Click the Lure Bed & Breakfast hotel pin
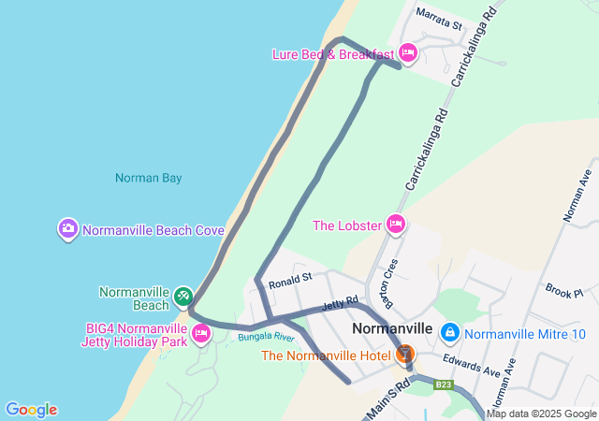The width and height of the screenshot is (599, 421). pyautogui.click(x=407, y=52)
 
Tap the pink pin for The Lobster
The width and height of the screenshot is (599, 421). pyautogui.click(x=396, y=224)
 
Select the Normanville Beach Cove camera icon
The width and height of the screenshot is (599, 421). pyautogui.click(x=67, y=228)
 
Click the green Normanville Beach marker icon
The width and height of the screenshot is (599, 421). pyautogui.click(x=183, y=298)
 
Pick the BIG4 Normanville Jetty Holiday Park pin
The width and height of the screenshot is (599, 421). pyautogui.click(x=200, y=332)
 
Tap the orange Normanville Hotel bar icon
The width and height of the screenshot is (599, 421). pyautogui.click(x=405, y=354)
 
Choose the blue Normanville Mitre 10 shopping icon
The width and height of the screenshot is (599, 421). pyautogui.click(x=450, y=332)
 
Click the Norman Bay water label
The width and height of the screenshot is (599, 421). pyautogui.click(x=148, y=178)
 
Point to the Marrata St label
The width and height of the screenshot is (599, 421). pyautogui.click(x=440, y=20)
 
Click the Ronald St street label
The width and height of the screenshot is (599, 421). pyautogui.click(x=289, y=280)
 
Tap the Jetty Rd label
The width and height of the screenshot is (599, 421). pyautogui.click(x=340, y=304)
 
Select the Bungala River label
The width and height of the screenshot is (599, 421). pyautogui.click(x=259, y=336)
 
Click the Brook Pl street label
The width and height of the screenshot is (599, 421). pyautogui.click(x=564, y=292)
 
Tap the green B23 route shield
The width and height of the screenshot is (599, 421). pyautogui.click(x=444, y=385)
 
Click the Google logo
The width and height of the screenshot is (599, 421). pyautogui.click(x=31, y=409)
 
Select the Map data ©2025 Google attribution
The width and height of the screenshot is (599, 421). pyautogui.click(x=541, y=414)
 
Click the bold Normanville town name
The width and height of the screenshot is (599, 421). pyautogui.click(x=392, y=329)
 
